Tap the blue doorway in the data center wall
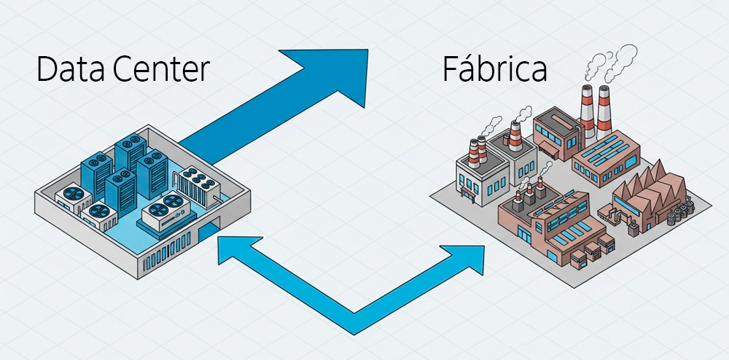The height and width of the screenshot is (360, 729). tap(207, 235)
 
